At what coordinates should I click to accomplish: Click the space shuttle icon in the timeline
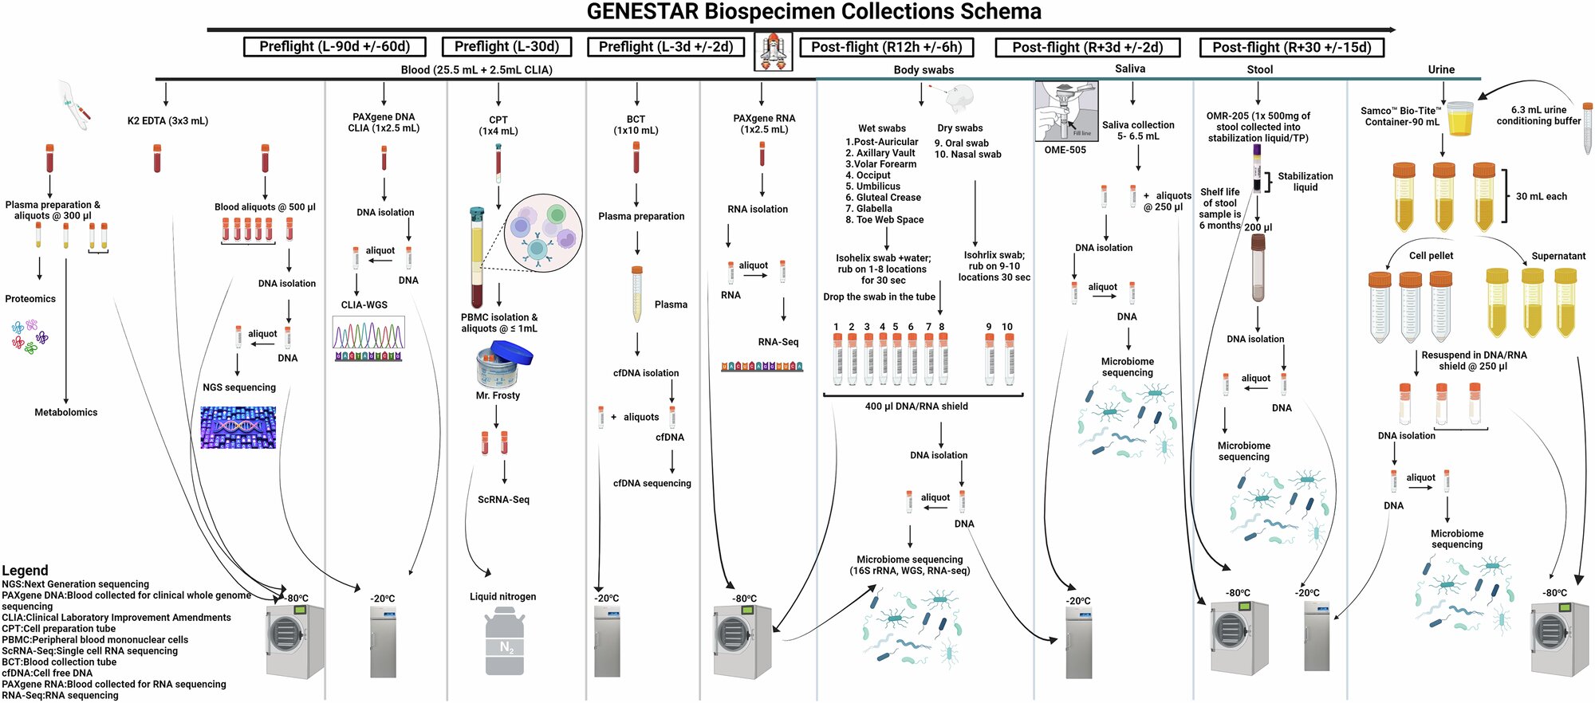tap(773, 52)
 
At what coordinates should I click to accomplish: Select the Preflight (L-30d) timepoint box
tap(506, 47)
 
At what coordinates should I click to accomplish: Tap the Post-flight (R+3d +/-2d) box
tap(1087, 48)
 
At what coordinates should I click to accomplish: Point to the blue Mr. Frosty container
tap(504, 364)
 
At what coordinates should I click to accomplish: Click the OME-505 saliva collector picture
tap(1067, 112)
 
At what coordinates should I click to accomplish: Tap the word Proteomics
tap(30, 299)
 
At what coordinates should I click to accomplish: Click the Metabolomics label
tap(66, 412)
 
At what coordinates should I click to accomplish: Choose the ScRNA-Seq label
tap(503, 500)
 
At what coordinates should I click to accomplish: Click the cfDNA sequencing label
tap(652, 483)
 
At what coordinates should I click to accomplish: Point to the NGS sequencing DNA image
tap(238, 427)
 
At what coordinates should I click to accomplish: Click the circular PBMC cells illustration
tap(544, 232)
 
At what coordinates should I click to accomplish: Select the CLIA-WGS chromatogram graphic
tap(368, 339)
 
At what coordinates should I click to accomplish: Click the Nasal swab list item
tap(968, 155)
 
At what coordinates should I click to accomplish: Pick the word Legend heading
tap(25, 571)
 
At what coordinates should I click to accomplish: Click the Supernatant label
tap(1558, 256)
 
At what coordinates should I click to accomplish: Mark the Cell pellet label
tap(1431, 256)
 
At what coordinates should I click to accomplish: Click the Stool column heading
tap(1260, 69)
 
